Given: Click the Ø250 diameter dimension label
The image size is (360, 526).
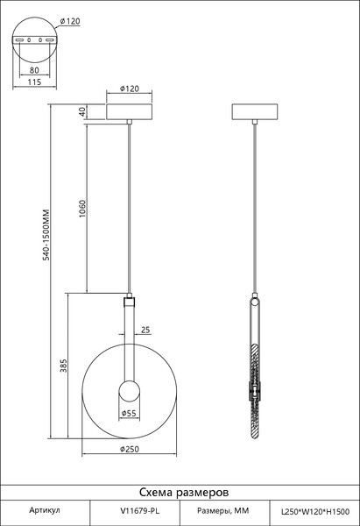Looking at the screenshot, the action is click(129, 449).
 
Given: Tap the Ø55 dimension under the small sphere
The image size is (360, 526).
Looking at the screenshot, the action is click(129, 413).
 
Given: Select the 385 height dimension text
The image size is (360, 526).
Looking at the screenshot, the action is click(64, 366).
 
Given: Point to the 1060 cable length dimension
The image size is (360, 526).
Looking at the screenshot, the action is click(82, 209).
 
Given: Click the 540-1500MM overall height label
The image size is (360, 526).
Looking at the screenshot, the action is click(46, 235).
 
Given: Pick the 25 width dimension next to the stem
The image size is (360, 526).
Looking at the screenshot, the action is click(145, 331).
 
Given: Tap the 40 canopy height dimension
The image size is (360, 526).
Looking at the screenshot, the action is click(82, 111).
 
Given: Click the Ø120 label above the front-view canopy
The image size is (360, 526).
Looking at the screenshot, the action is click(129, 89).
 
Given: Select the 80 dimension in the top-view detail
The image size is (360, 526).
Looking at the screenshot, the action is click(34, 70).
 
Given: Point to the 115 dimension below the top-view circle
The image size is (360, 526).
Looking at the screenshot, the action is click(34, 82).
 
